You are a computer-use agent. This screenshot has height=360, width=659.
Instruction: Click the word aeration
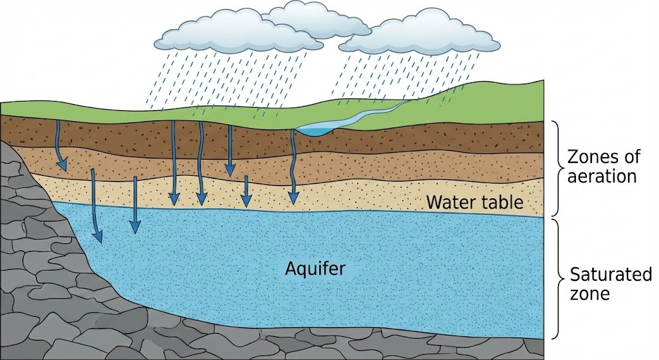601,176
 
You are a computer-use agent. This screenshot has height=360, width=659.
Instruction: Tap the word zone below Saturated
590,294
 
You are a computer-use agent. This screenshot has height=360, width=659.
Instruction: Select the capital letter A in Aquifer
290,267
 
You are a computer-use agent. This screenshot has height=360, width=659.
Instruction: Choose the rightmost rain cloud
418,35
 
